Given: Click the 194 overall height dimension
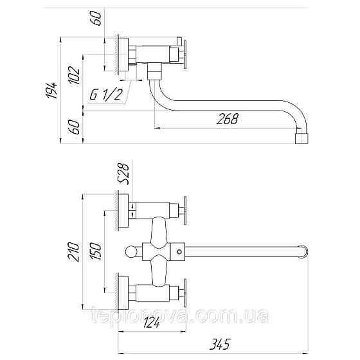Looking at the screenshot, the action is click(x=51, y=90).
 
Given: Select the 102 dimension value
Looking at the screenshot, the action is click(x=74, y=76).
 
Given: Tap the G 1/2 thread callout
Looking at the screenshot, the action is click(x=105, y=94).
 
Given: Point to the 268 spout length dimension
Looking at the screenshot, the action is click(x=228, y=119).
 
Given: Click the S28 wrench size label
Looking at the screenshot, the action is click(x=123, y=174).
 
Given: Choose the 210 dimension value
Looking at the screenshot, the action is click(x=74, y=252).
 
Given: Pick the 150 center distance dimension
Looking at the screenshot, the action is click(x=95, y=251).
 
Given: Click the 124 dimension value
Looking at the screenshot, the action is click(x=152, y=323).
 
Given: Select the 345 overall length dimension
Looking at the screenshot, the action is click(x=220, y=344).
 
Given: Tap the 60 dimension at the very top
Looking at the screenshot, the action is click(x=96, y=19).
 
